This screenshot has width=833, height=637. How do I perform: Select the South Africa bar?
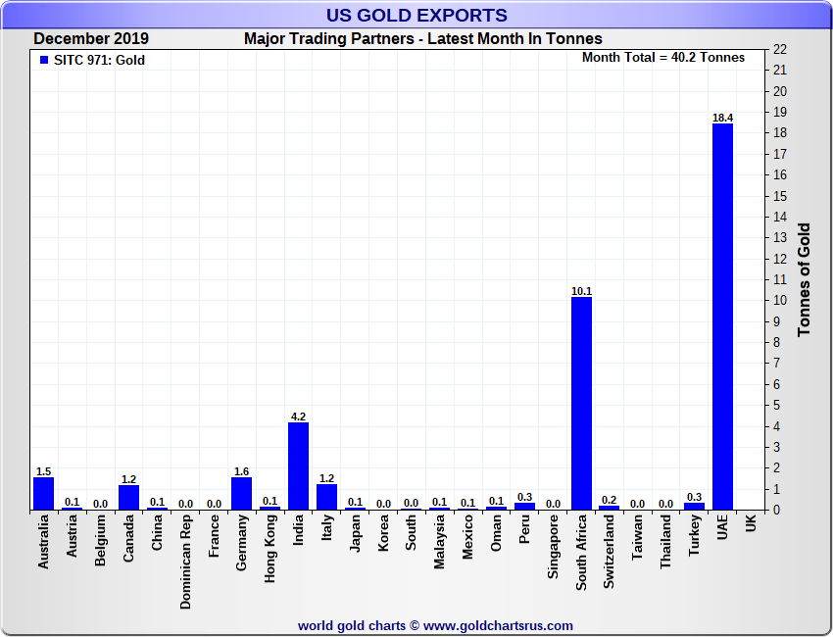(x=581, y=402)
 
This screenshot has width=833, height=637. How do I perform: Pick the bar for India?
(x=298, y=465)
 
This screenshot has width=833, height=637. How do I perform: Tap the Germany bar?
(x=241, y=493)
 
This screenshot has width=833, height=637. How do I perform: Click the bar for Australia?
(x=43, y=494)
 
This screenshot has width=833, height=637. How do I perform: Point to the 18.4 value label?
(x=722, y=118)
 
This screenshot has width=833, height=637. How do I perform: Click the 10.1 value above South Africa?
(x=581, y=291)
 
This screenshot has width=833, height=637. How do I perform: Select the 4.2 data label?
(x=298, y=416)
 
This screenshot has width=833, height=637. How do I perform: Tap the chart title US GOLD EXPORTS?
(x=416, y=15)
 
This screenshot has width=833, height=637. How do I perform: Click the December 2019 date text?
(x=91, y=39)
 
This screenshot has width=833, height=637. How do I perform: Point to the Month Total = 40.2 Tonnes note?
(x=662, y=57)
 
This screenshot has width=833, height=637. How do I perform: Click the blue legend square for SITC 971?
(x=43, y=60)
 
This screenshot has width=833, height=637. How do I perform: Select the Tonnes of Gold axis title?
(x=804, y=279)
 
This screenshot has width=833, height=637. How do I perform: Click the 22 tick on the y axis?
(x=780, y=49)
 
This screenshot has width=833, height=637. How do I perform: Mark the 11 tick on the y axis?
(x=780, y=279)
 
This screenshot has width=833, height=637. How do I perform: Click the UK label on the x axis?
(x=751, y=524)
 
